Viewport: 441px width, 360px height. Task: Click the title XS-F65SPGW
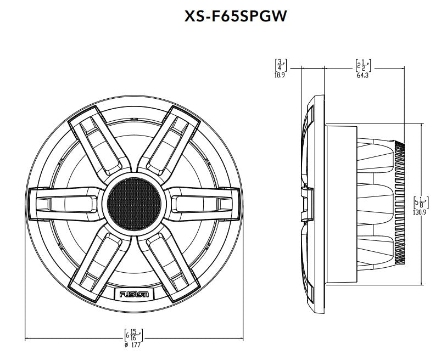(x=236, y=17)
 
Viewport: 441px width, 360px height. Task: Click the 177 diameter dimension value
(x=135, y=345)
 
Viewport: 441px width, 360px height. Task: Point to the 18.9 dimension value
(x=280, y=75)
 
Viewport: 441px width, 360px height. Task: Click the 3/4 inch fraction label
(x=280, y=65)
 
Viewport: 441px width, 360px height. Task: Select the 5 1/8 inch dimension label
(x=420, y=202)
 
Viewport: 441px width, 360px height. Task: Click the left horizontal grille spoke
(x=63, y=203)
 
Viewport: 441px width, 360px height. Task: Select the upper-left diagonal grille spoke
(x=98, y=143)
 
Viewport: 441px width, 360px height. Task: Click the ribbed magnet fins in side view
(x=400, y=203)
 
